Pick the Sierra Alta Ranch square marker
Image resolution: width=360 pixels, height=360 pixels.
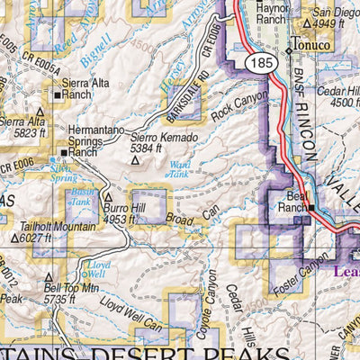tap(57, 93)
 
